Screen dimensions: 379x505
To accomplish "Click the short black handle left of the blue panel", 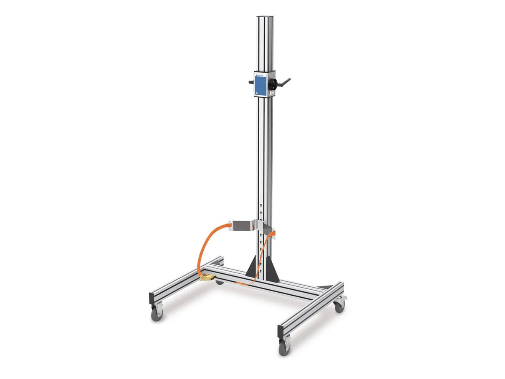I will tap(251, 82).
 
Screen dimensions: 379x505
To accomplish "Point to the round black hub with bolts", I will tap(273, 83).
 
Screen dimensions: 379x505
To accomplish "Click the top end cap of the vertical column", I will tap(265, 17).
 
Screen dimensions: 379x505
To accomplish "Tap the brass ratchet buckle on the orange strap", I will tap(207, 277).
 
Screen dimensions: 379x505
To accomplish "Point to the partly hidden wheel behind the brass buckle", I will tap(219, 281).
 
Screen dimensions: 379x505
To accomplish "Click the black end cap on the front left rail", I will tap(151, 299).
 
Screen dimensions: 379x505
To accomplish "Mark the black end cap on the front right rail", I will tap(280, 330).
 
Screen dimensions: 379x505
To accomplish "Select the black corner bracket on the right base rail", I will tap(324, 287).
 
